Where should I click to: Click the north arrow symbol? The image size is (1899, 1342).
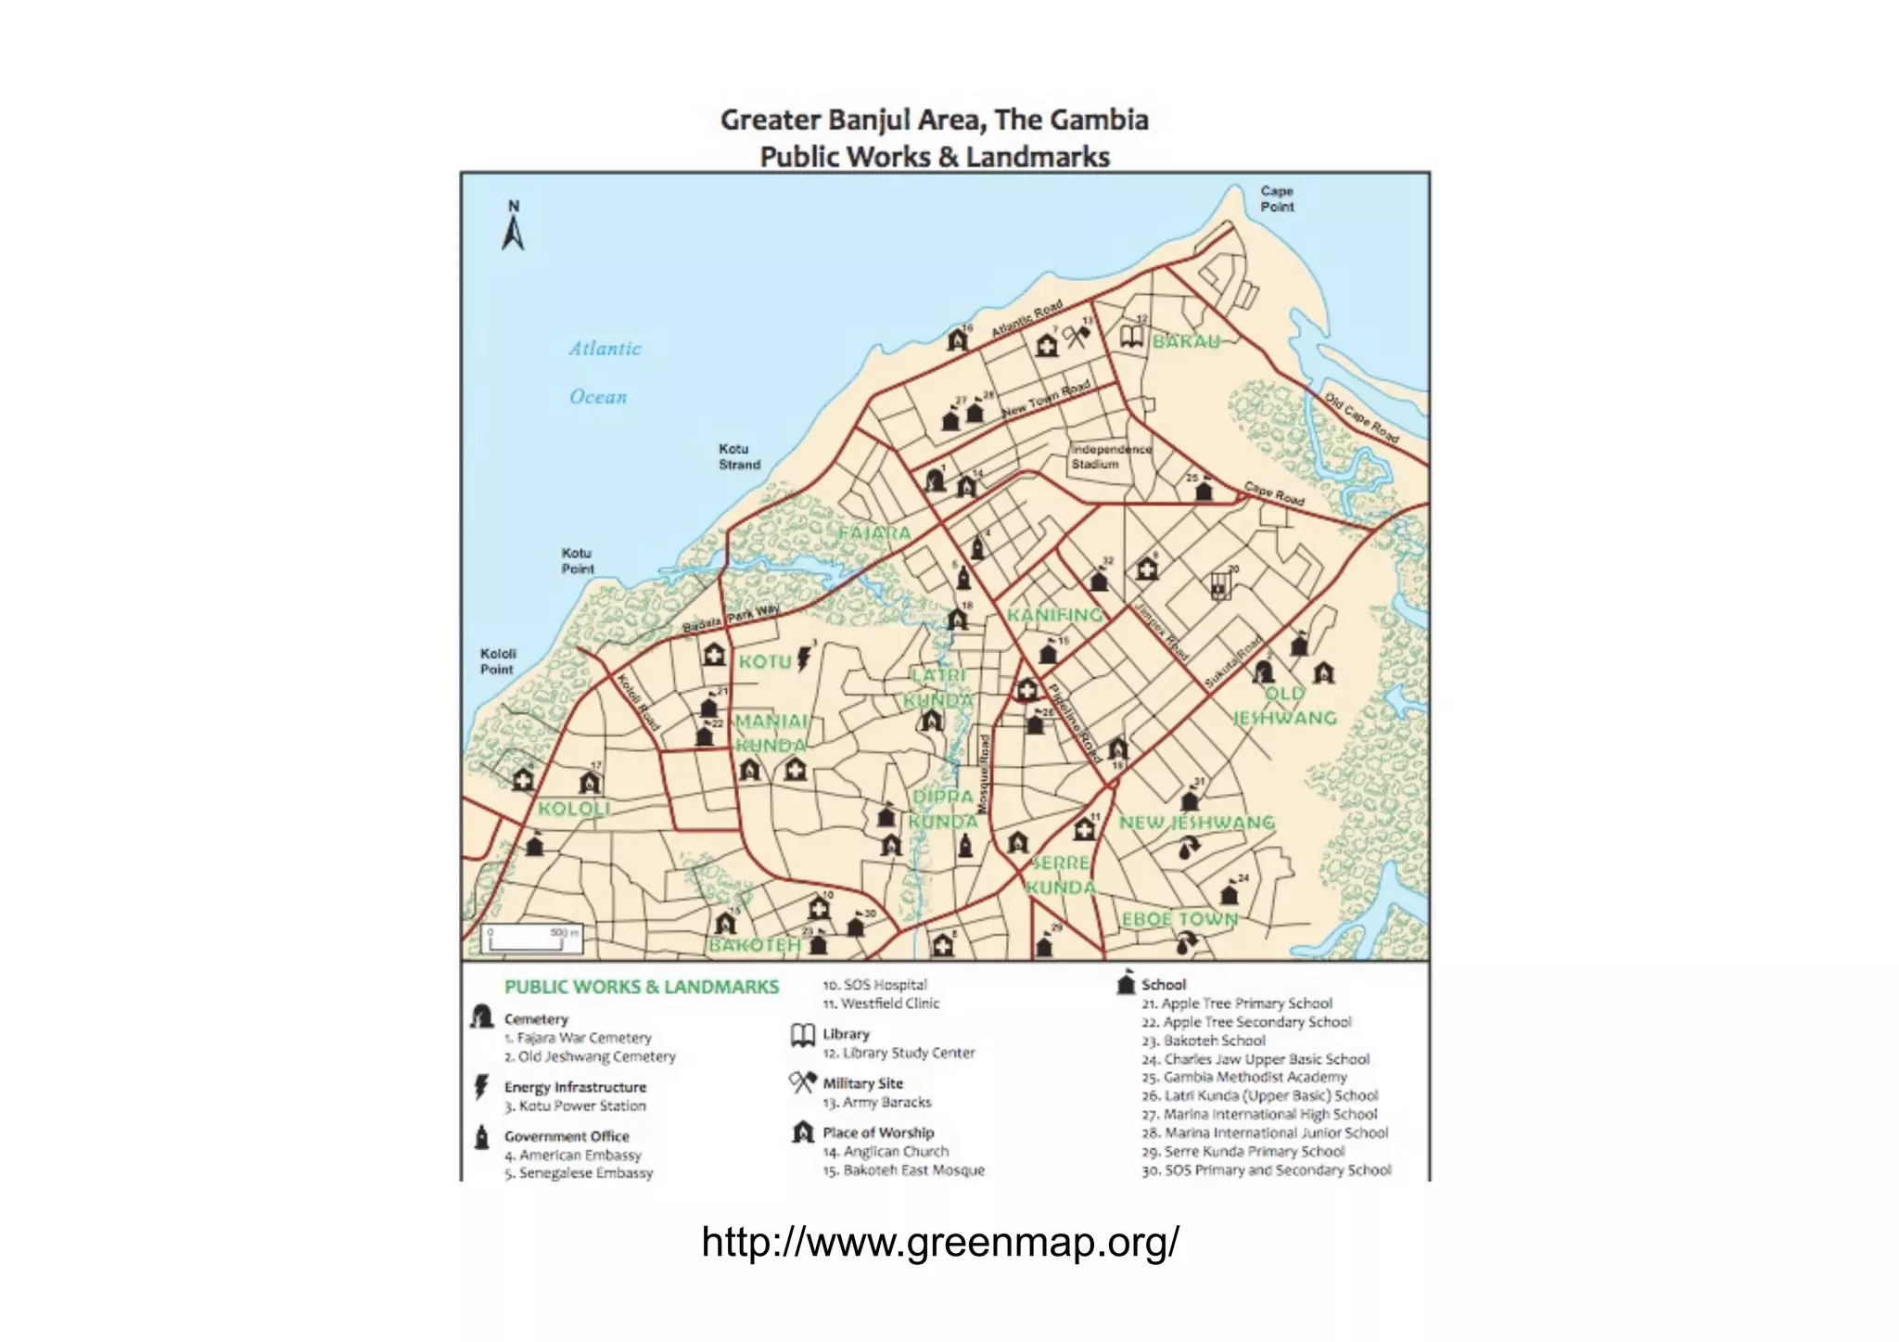(x=513, y=226)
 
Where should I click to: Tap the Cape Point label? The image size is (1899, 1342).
(x=1276, y=198)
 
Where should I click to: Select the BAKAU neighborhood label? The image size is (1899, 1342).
(x=1186, y=341)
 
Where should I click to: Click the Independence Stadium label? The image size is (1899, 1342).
(x=1110, y=456)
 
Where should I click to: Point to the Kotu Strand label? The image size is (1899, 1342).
(x=739, y=456)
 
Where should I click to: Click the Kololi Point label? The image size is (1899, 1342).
(x=498, y=661)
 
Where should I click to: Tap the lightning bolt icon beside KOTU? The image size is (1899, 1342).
(x=804, y=658)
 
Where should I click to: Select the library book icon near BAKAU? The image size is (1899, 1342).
(x=1131, y=336)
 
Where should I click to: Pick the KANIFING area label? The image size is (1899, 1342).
(x=1055, y=615)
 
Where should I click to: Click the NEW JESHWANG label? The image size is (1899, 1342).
(x=1196, y=823)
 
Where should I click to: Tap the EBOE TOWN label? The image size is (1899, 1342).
(x=1179, y=919)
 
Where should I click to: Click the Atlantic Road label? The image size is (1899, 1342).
(x=1026, y=320)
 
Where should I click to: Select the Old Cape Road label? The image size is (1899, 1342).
(x=1360, y=418)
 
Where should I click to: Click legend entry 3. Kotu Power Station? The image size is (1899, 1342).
(x=575, y=1106)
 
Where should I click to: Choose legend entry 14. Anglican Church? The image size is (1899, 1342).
(x=886, y=1151)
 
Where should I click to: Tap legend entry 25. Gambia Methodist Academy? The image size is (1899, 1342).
(x=1243, y=1077)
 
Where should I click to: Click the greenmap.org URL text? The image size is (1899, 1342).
(x=939, y=1241)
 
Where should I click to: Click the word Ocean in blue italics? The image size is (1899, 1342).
(x=598, y=397)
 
